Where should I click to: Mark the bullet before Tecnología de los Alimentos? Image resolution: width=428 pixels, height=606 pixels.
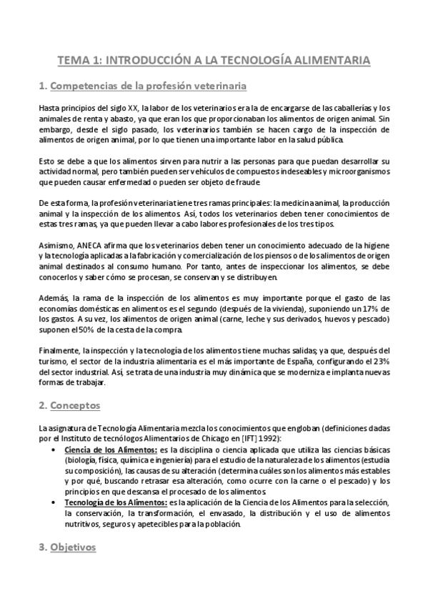[x=56, y=504]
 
